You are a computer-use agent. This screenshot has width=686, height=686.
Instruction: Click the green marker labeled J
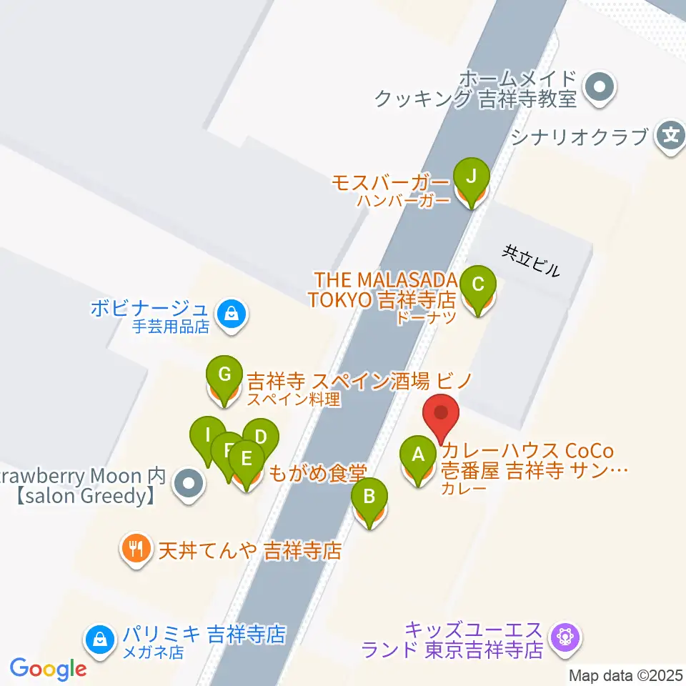coord(471,175)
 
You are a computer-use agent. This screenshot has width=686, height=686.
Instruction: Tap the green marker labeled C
coord(478,284)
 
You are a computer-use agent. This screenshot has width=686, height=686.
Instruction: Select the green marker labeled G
coord(224,374)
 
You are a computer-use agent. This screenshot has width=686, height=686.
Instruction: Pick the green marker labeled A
coord(417,454)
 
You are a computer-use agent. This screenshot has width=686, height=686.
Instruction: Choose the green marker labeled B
coord(369,496)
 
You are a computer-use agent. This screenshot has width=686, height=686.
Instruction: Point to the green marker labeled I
coord(207,435)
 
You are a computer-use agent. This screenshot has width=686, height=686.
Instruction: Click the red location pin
coord(442,414)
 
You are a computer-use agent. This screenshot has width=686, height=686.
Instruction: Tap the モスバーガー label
coord(390,182)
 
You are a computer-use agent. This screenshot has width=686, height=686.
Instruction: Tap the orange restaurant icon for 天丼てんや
coord(135,549)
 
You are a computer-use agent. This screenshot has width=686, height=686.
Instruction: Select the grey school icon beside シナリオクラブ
coord(670,134)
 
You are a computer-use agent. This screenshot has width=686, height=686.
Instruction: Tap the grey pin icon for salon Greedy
coord(189,484)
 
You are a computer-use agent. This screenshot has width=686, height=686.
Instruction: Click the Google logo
coord(48,669)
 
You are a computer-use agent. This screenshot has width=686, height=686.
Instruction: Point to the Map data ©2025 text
coord(626,675)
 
